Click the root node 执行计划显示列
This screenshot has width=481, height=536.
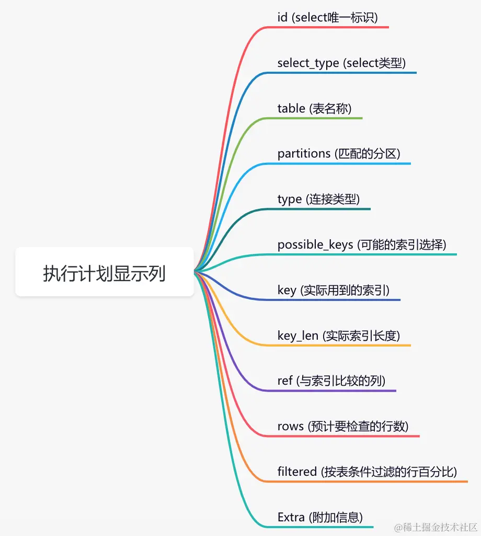click(x=105, y=273)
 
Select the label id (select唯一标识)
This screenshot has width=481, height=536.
click(x=327, y=18)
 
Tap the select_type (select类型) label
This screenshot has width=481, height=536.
click(x=341, y=63)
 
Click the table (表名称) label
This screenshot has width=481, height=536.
click(x=314, y=108)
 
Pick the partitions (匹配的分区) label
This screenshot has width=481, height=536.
click(x=339, y=154)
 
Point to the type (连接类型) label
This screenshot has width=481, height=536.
click(x=318, y=199)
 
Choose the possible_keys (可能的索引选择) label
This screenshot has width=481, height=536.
click(x=362, y=244)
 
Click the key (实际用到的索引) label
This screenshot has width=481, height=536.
click(x=334, y=290)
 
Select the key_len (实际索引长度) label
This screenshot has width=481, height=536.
click(x=339, y=336)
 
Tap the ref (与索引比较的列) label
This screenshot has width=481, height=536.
click(x=331, y=381)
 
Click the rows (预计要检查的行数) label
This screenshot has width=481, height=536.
click(x=343, y=426)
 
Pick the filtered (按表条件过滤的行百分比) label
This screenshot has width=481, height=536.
click(x=367, y=472)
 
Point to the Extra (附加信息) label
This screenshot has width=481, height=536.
click(x=320, y=517)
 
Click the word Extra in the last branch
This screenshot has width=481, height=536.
click(x=291, y=517)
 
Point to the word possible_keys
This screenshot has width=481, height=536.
click(x=315, y=244)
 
